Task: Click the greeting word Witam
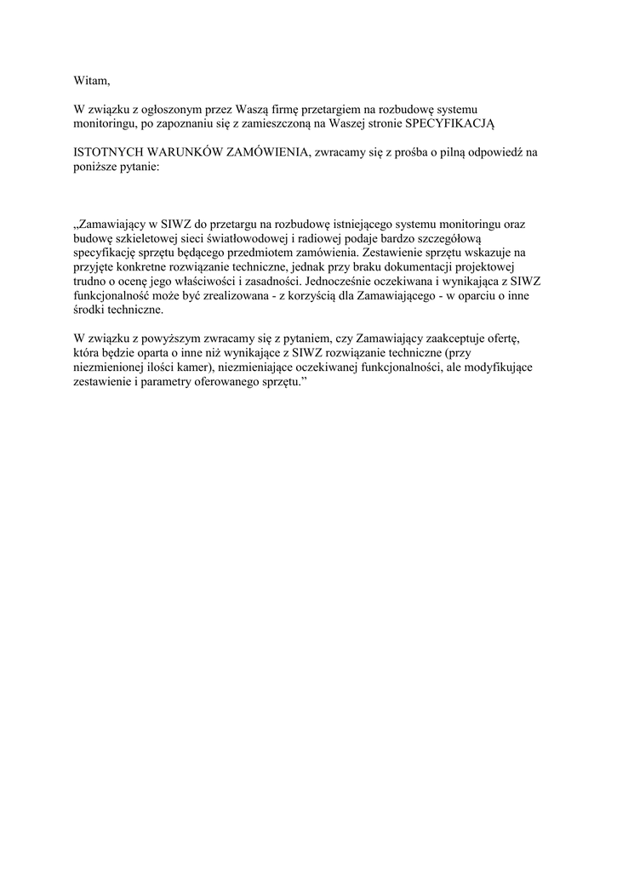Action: (x=92, y=81)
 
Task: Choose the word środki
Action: (x=92, y=310)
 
